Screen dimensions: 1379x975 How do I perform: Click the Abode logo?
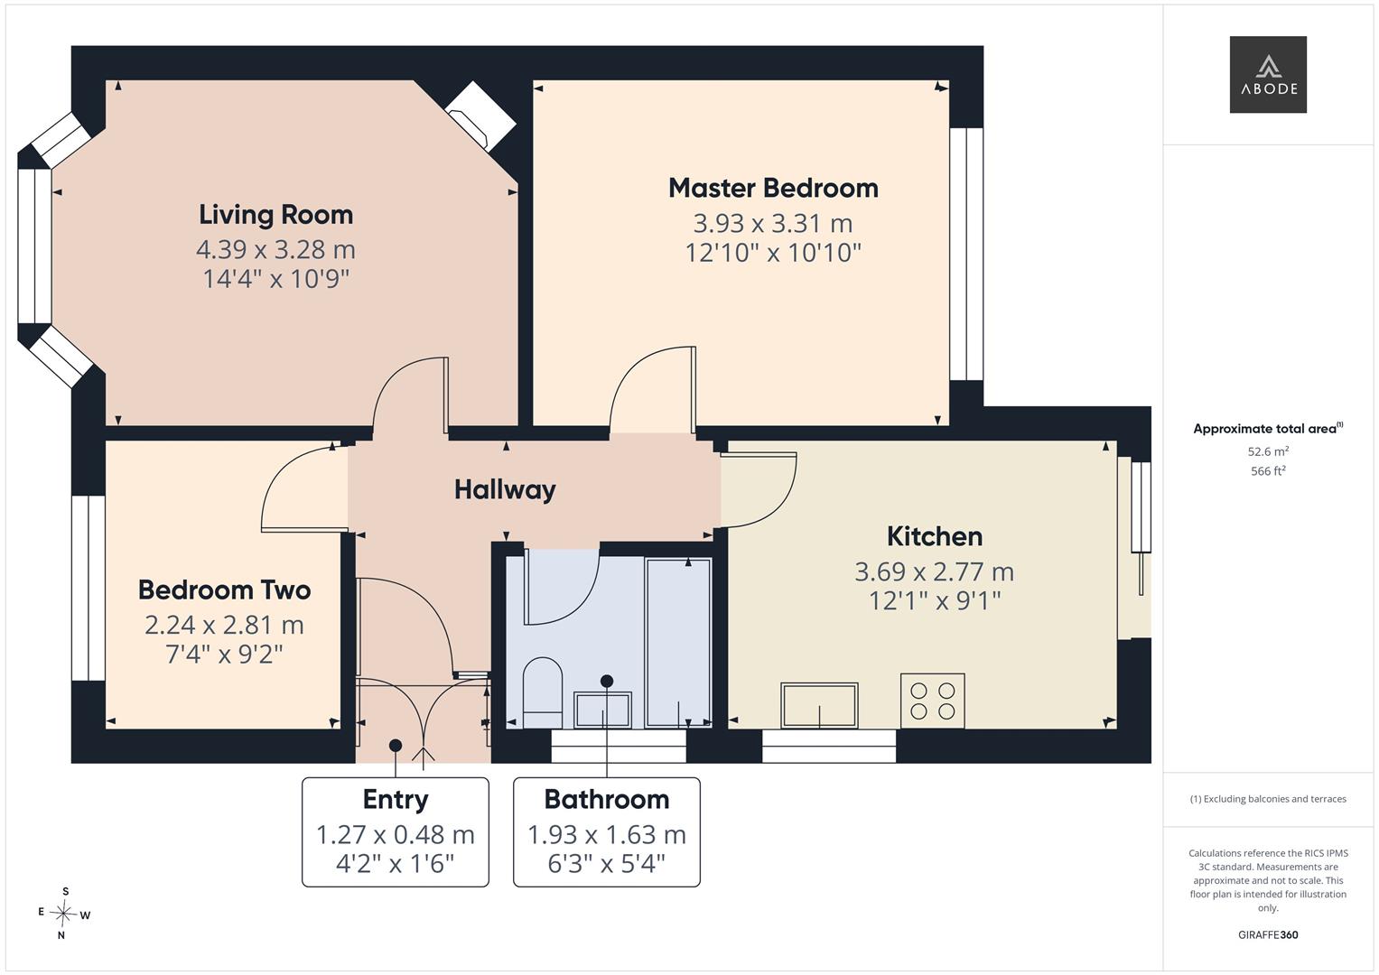tap(1268, 74)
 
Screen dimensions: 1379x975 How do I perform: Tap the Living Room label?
tap(275, 215)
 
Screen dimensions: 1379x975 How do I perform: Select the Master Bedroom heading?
tap(773, 188)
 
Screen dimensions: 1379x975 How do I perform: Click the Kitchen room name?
tap(935, 536)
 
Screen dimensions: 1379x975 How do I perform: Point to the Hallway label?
tap(505, 490)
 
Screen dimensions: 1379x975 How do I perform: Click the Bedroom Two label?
tap(224, 590)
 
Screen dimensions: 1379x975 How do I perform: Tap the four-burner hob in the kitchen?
tap(932, 701)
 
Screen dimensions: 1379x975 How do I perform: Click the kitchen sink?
tap(819, 705)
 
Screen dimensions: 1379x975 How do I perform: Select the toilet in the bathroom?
tap(543, 693)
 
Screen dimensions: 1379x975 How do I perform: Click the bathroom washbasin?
tap(602, 710)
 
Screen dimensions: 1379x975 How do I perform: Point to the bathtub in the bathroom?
tap(678, 643)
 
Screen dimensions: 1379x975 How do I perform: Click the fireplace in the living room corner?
tap(480, 116)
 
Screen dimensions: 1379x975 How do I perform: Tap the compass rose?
tap(64, 914)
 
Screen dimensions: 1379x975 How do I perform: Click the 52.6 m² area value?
tap(1268, 451)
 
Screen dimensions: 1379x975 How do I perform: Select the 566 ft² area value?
tap(1268, 471)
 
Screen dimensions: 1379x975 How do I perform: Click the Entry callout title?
tap(396, 799)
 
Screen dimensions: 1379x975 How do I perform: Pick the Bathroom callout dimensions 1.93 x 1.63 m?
tap(606, 835)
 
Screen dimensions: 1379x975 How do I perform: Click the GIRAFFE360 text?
tap(1268, 934)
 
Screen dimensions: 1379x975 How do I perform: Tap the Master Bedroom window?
tap(966, 254)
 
